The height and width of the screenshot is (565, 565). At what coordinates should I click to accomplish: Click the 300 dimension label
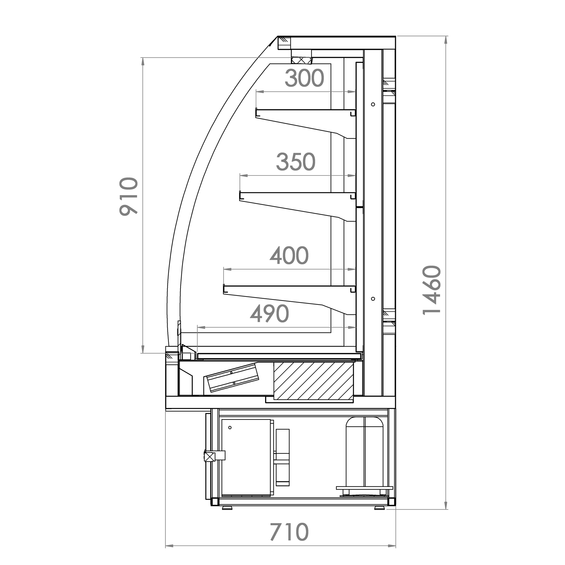(x=305, y=78)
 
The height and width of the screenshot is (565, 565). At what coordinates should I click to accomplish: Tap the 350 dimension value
(x=296, y=162)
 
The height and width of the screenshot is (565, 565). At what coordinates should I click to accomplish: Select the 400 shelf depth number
(x=289, y=255)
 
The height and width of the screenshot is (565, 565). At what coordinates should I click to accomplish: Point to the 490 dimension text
(x=269, y=314)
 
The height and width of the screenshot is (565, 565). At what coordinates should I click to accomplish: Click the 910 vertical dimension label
(x=129, y=196)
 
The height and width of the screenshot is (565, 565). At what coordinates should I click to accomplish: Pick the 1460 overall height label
(x=432, y=290)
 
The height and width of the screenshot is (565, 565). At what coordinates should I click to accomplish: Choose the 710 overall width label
(x=289, y=532)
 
